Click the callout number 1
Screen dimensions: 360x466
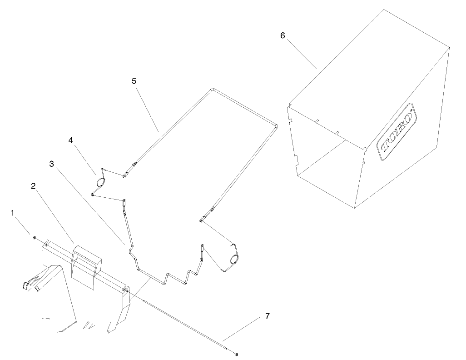[13, 212]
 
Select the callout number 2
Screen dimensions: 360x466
[33, 186]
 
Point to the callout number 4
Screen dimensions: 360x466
[71, 141]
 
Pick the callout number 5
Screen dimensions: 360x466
[134, 80]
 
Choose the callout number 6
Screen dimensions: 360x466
[283, 36]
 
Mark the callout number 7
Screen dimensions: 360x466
[267, 316]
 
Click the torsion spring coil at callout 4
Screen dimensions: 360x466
[100, 182]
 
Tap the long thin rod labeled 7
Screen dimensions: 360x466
[182, 320]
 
